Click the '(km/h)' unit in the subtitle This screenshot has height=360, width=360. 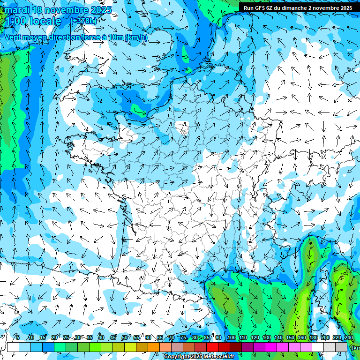point(136,37)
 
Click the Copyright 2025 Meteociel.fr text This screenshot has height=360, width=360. point(199,357)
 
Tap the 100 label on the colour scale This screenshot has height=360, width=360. point(231,337)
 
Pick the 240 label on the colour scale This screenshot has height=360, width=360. point(348,337)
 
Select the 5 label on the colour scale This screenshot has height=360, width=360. point(18,337)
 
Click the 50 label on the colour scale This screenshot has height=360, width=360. point(125,337)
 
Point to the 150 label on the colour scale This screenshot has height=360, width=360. point(290,337)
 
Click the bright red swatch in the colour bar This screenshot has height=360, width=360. point(212,347)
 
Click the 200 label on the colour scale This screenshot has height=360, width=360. point(325,337)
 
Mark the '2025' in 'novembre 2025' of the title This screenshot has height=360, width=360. point(100,10)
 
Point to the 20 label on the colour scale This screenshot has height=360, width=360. point(54,337)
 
